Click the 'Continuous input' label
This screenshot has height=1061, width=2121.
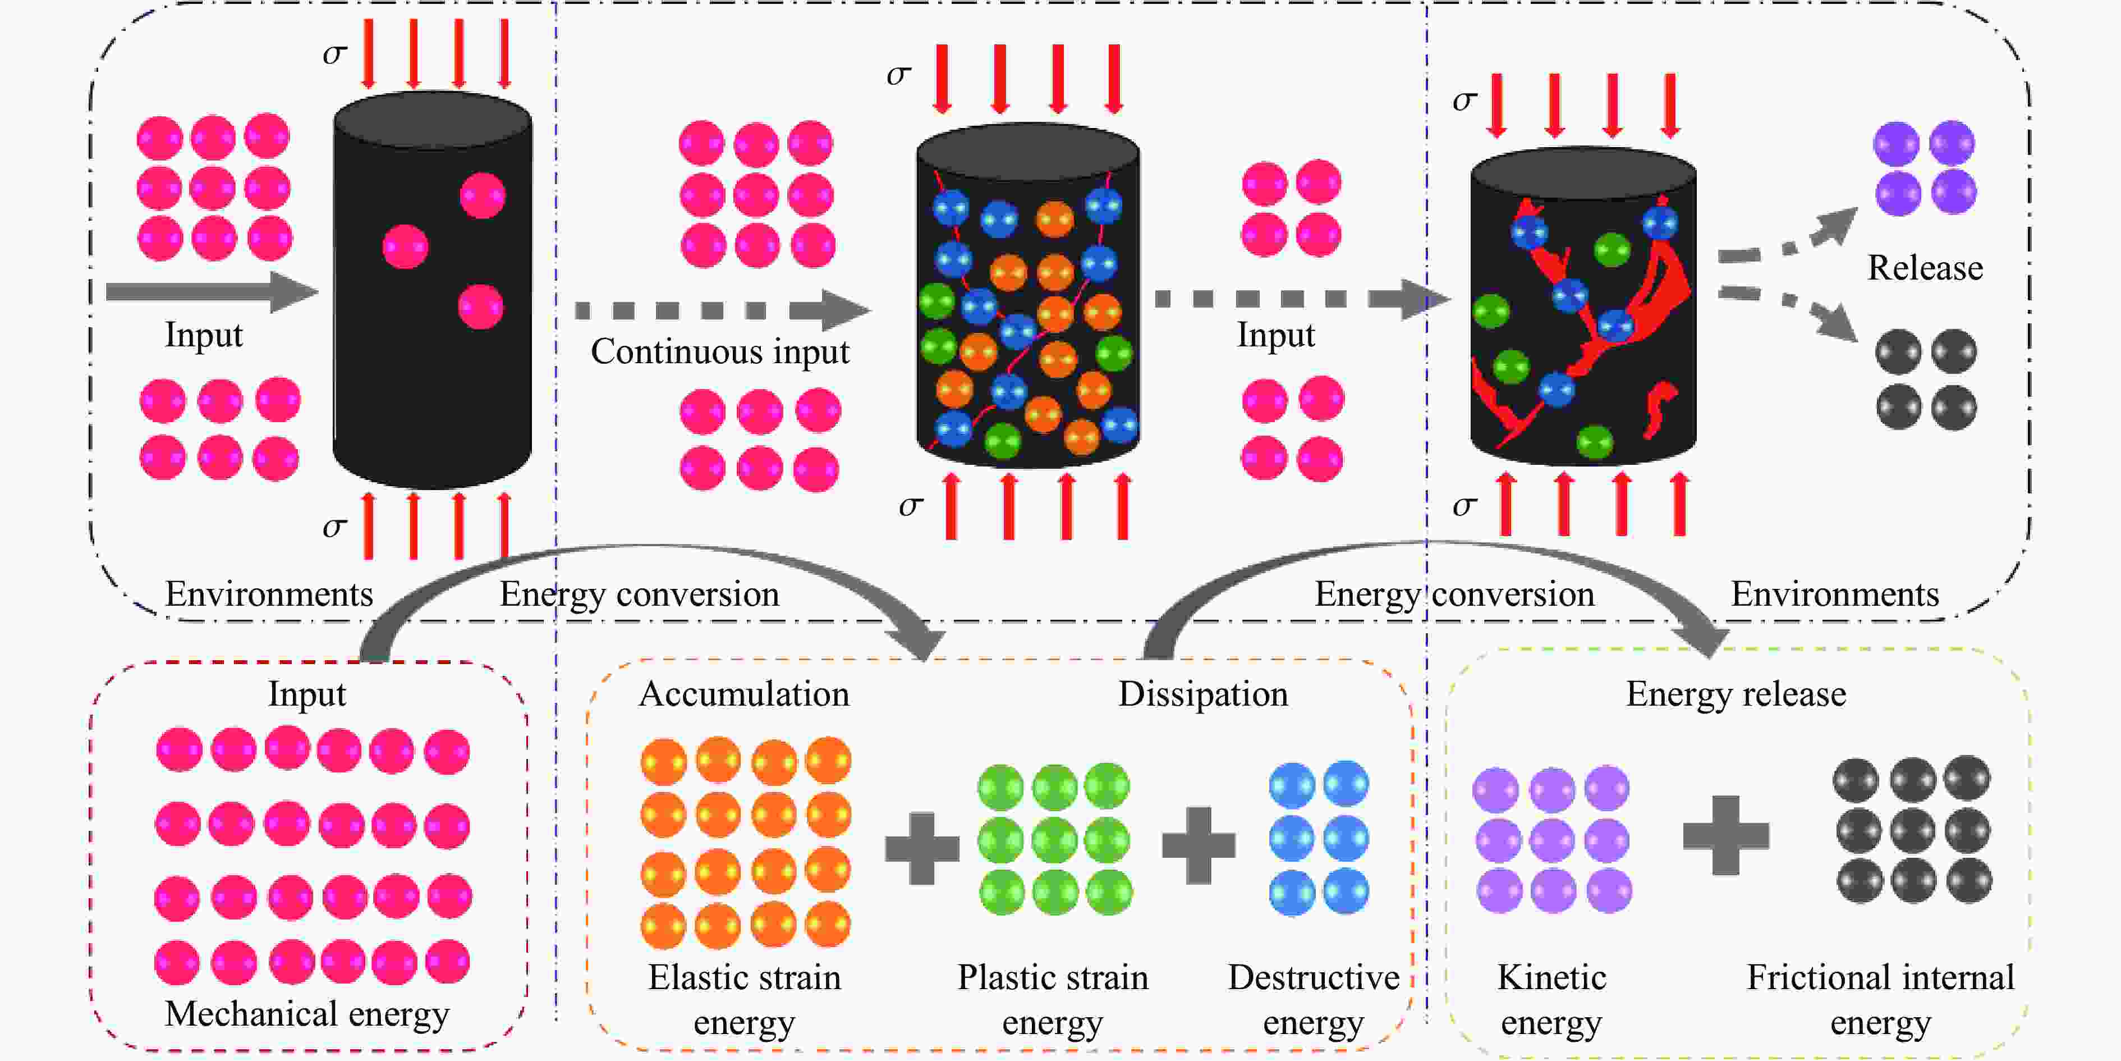719,353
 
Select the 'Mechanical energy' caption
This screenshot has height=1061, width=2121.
306,1014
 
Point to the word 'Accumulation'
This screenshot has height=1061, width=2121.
743,694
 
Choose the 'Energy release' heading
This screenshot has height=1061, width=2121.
1735,694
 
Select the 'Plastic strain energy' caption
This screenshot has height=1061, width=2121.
1052,999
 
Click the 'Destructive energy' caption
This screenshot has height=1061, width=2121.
1313,999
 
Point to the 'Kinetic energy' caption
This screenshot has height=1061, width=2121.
1551,999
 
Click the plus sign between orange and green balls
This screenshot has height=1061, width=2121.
922,848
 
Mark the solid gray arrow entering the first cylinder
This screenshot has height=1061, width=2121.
210,291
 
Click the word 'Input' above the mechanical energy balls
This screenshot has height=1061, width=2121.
306,694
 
